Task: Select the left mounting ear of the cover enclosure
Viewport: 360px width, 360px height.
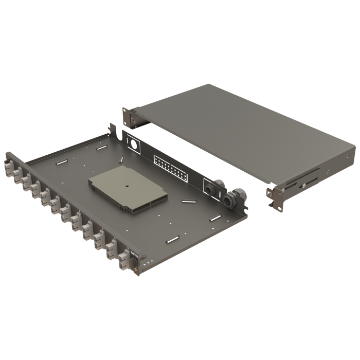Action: (x=130, y=117)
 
